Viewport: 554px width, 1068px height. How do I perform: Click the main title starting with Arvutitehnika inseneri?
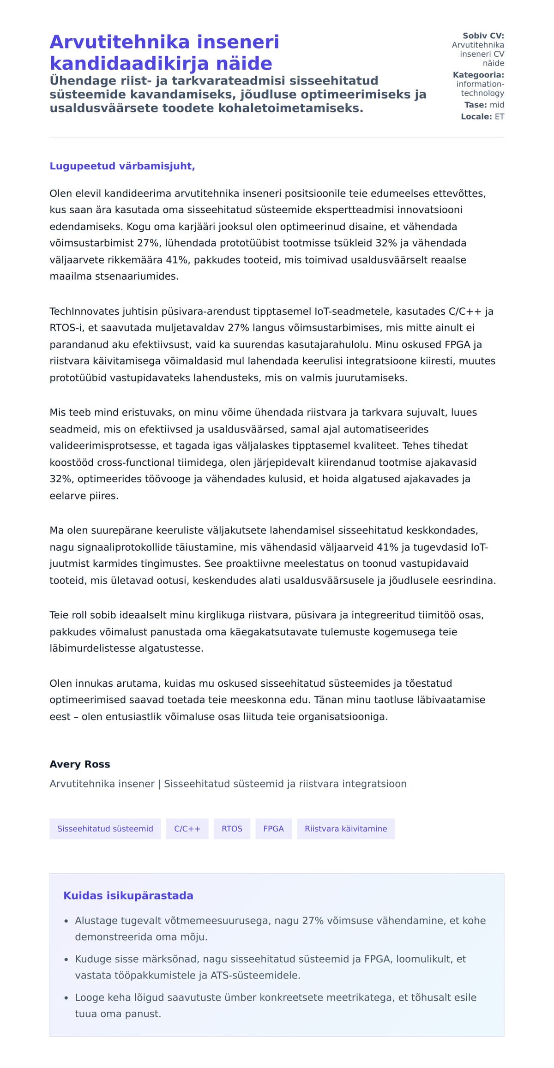(164, 53)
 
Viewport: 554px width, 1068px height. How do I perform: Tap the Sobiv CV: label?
(483, 36)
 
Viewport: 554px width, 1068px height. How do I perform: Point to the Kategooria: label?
(478, 75)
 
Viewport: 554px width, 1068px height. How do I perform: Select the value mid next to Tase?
(497, 105)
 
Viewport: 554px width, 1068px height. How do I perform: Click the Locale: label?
(476, 117)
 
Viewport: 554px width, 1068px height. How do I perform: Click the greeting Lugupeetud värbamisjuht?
(122, 166)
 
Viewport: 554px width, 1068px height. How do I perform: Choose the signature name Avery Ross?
(80, 764)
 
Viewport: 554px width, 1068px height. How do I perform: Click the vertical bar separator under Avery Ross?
(159, 784)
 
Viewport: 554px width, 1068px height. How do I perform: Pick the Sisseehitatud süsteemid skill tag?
(105, 829)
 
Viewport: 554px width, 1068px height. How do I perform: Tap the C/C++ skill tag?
(187, 829)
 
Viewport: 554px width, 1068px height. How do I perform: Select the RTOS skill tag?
(232, 829)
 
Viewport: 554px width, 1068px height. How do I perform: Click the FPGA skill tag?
(273, 829)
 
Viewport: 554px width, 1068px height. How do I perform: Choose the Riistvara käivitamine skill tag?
(346, 829)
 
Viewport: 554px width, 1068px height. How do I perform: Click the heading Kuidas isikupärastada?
(128, 896)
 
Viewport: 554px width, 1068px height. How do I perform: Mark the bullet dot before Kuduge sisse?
(66, 960)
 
